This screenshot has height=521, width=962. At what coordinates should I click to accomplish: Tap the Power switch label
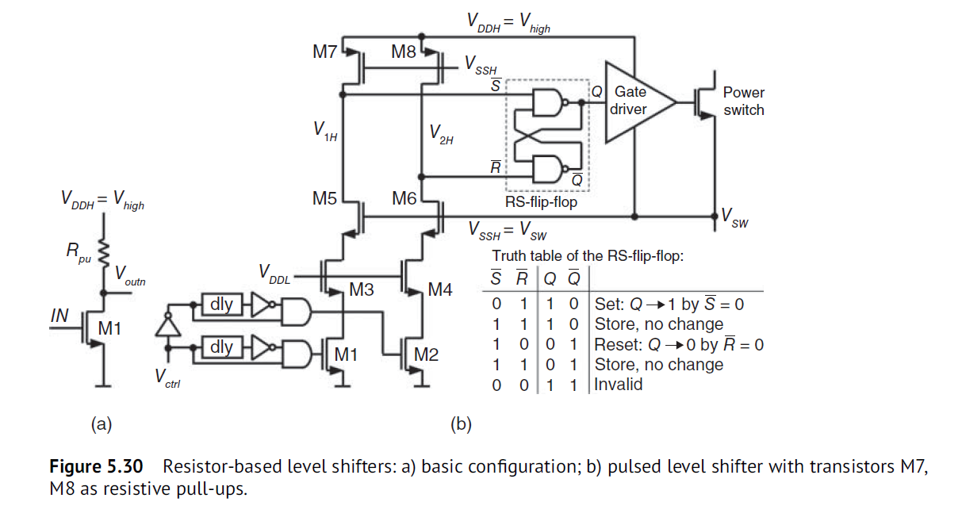pos(743,102)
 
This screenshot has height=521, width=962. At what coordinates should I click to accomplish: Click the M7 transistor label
pos(326,53)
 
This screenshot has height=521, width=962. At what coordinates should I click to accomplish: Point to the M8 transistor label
pos(404,53)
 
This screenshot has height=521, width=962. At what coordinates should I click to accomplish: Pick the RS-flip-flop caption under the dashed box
pos(541,202)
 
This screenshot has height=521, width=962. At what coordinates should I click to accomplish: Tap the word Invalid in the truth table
pos(619,385)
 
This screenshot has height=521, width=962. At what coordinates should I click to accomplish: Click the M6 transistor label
pos(404,199)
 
